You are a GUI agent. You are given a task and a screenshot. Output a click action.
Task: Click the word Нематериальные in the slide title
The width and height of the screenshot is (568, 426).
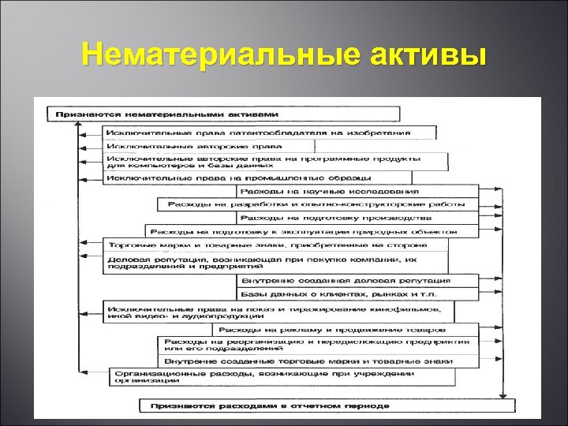[x=212, y=56]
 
